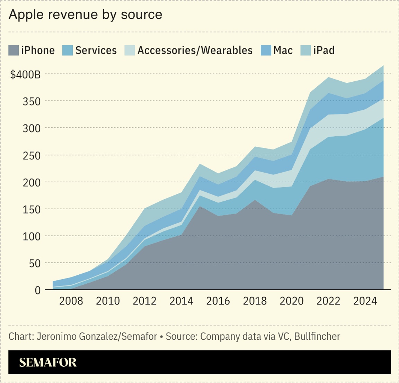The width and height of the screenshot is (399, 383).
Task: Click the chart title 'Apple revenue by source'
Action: pos(85,15)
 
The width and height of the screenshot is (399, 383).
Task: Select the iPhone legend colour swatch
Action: pos(14,51)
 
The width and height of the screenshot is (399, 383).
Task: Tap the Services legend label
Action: pos(96,51)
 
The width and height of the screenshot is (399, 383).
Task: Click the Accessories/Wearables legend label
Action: pos(195,51)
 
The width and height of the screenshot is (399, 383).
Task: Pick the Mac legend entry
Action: pos(283,51)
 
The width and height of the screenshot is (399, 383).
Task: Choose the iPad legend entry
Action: pos(323,51)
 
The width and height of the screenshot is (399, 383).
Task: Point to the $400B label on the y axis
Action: pos(25,74)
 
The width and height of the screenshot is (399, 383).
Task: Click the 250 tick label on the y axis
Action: pos(32,155)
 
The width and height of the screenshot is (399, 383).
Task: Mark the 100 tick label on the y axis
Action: pos(32,236)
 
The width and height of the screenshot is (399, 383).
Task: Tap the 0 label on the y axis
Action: pos(37,290)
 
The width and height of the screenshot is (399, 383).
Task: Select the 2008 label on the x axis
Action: pos(71,301)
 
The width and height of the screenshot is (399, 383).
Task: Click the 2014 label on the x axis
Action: pos(181,301)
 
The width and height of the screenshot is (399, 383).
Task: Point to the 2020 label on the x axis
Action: pos(291,301)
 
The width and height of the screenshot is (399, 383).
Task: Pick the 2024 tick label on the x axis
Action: pos(365,301)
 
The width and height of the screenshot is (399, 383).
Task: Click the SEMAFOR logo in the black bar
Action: pos(48,362)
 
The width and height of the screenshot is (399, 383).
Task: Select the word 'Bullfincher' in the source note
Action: pos(317,336)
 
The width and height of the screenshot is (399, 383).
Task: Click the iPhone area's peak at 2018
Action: pos(255,200)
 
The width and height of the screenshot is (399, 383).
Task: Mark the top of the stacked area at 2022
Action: pos(328,77)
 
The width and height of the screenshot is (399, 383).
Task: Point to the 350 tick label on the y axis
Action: pos(32,101)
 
